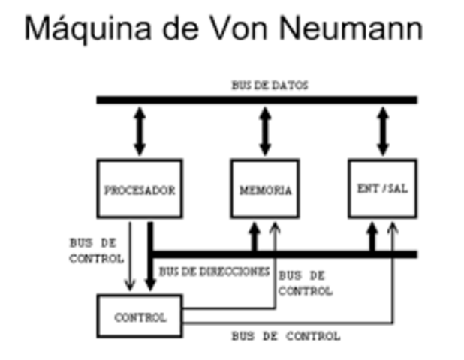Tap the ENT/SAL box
coord(382,188)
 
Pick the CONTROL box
coord(140,316)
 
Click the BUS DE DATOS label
coord(270,85)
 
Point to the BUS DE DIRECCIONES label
coord(214,271)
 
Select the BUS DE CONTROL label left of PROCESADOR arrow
coord(96,250)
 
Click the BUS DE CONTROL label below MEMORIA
coord(305,283)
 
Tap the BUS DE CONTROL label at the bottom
coord(285,336)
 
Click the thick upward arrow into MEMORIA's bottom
coord(254,236)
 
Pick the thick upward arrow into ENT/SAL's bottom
coord(372,236)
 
